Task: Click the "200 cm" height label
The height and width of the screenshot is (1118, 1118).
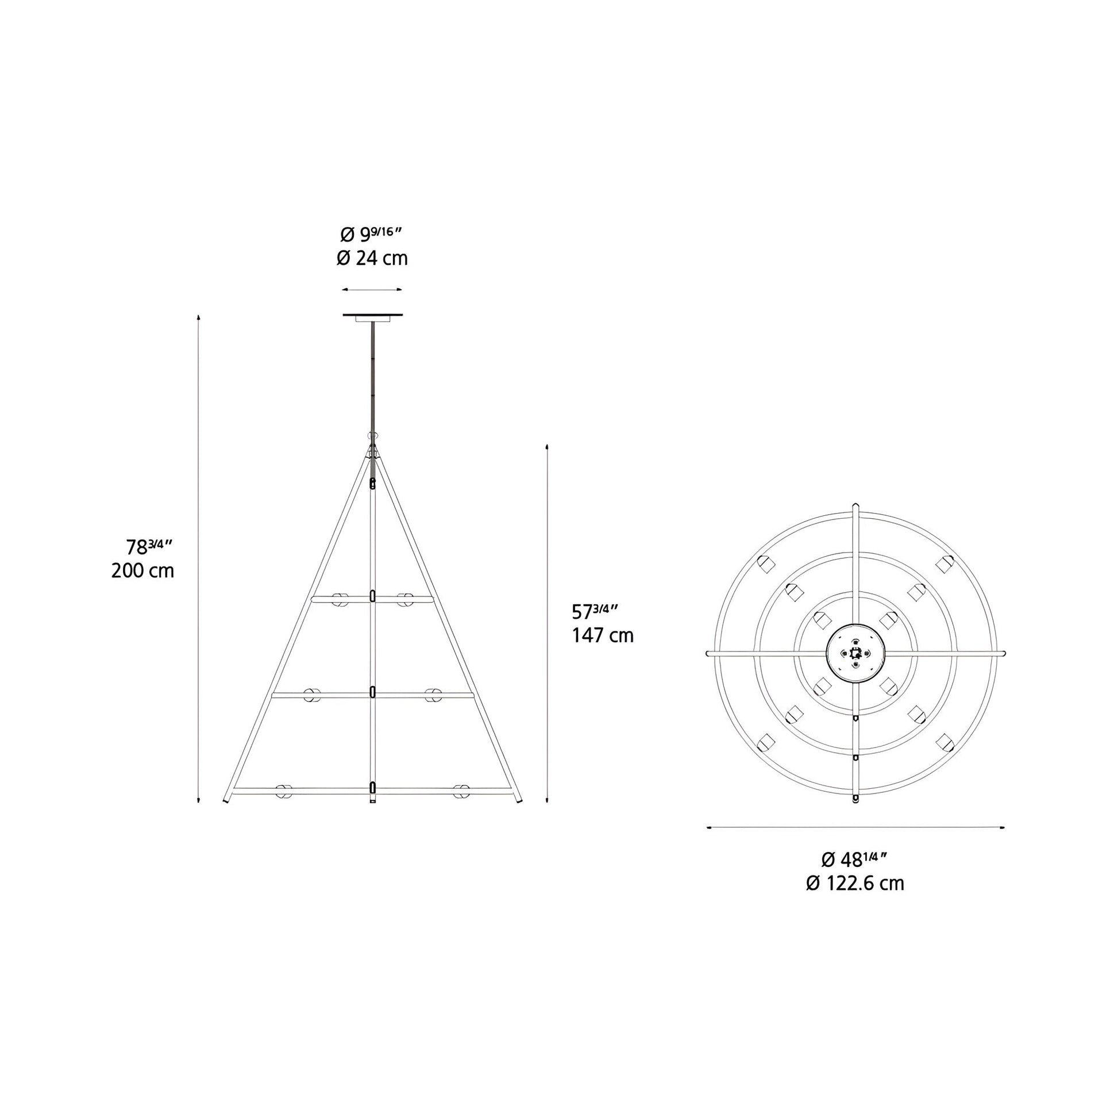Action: (142, 571)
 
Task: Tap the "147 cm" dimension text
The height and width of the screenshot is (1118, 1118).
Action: (603, 635)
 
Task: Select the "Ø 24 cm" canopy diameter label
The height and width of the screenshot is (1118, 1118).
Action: (372, 258)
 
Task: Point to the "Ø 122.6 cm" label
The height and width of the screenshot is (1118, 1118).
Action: (855, 883)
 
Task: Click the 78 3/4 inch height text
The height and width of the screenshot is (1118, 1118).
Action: (149, 546)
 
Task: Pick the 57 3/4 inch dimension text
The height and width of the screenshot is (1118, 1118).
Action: (595, 611)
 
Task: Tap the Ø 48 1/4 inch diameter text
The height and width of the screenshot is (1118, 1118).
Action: (855, 859)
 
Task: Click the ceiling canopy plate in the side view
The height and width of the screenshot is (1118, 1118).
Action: (373, 317)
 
